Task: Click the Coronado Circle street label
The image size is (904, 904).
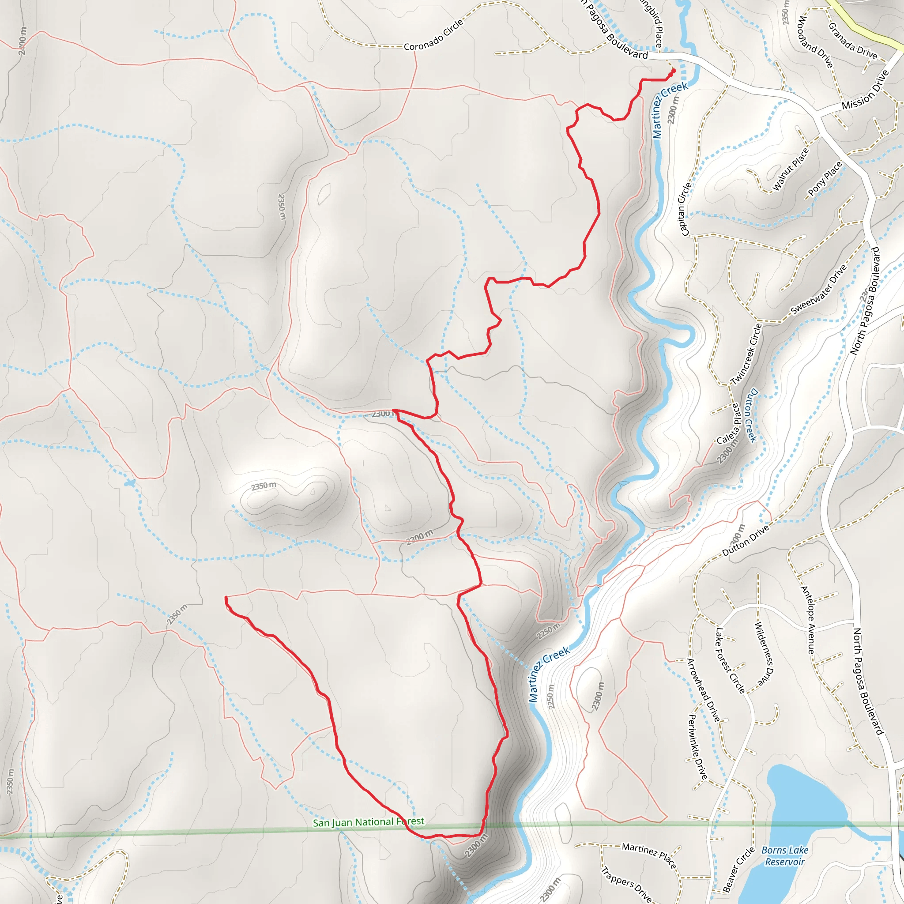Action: (x=433, y=35)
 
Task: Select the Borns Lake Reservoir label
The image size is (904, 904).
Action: (x=785, y=856)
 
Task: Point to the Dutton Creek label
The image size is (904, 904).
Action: (x=750, y=414)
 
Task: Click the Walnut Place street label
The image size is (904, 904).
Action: (x=790, y=169)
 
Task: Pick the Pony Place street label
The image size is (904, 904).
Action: (x=825, y=178)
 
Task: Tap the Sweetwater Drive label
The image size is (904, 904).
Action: (x=819, y=290)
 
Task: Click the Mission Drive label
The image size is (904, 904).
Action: (x=865, y=90)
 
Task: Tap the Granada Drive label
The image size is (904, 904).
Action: (x=852, y=41)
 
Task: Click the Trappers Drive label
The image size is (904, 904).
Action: (x=625, y=884)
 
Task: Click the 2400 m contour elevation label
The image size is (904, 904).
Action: (x=23, y=41)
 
